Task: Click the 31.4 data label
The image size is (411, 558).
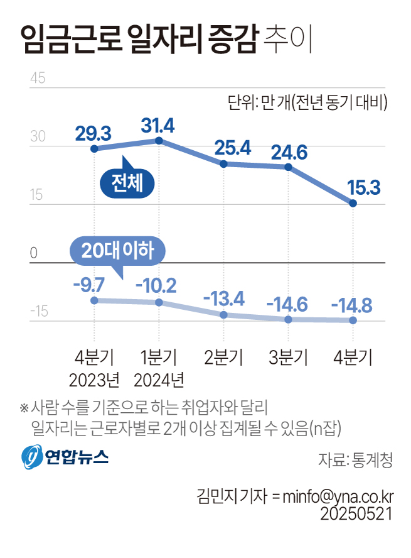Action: pos(157,125)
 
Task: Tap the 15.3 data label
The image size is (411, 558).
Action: pos(355,187)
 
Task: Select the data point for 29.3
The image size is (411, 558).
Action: pos(94,149)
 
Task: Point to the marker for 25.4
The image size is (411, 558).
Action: pos(224,164)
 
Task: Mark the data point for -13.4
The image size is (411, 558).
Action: pos(224,314)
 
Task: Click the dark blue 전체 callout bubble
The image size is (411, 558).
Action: pos(127,183)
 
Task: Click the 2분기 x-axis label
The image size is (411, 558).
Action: pos(224,358)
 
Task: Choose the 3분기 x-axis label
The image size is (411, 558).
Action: pos(289,358)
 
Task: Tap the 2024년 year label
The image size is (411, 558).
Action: pos(159,380)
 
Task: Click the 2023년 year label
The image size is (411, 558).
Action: pos(94,380)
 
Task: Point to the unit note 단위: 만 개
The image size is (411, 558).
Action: pos(307,102)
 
